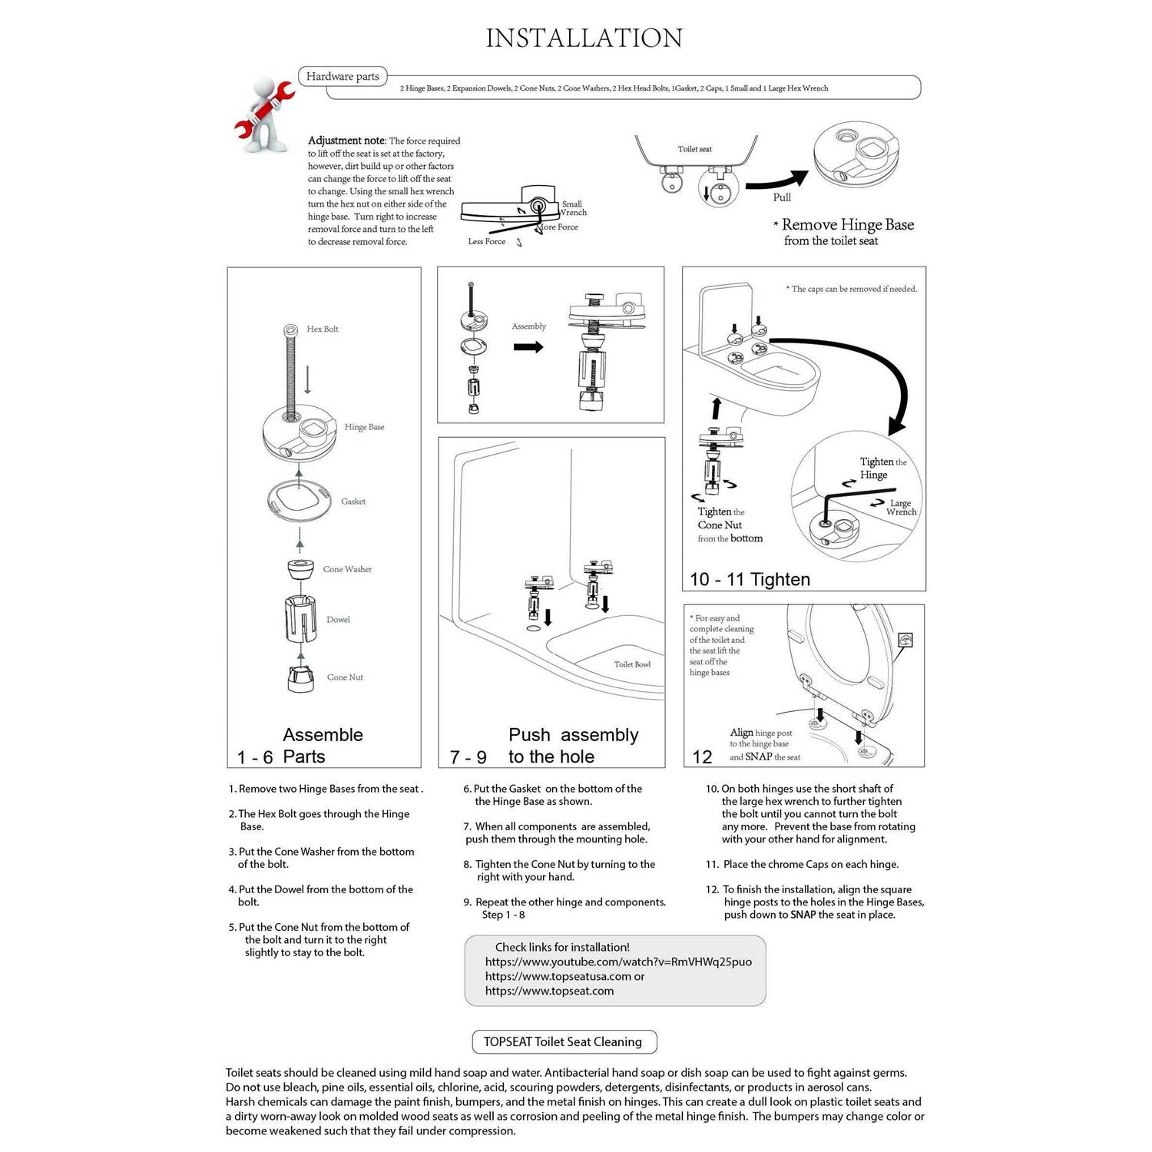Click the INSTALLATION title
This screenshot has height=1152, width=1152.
(584, 38)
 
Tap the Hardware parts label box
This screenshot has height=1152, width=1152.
(343, 76)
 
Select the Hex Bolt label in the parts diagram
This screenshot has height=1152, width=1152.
(323, 329)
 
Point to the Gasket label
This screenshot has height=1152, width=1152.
(353, 502)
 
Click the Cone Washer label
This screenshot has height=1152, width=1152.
(347, 569)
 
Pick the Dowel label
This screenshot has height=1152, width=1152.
(338, 620)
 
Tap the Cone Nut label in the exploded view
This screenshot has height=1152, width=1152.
(345, 677)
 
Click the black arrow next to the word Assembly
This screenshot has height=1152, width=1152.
(528, 347)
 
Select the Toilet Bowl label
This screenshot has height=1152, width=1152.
(632, 664)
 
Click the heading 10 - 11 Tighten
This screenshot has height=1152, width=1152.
(750, 579)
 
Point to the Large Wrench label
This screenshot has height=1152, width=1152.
(901, 508)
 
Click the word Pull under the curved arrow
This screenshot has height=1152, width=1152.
(782, 197)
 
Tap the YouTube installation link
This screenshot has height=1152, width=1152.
(618, 962)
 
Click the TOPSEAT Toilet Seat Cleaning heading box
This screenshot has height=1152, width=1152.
(563, 1041)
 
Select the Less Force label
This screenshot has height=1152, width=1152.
(487, 241)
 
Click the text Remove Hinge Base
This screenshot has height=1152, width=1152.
(847, 225)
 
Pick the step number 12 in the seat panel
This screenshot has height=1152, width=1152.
(702, 757)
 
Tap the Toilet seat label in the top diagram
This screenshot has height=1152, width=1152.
(694, 149)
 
